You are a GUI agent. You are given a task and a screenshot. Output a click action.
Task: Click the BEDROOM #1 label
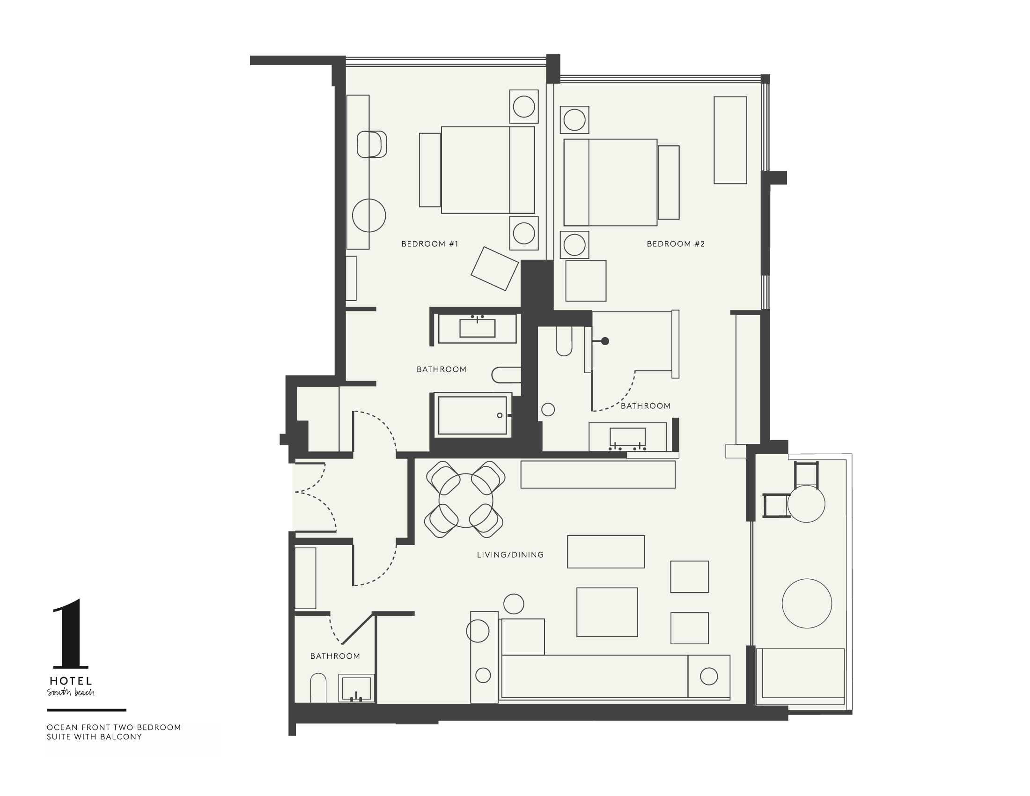(x=429, y=244)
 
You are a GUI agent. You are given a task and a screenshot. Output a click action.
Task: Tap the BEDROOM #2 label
(x=675, y=244)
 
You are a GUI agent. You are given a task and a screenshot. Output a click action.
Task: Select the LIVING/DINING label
(x=510, y=555)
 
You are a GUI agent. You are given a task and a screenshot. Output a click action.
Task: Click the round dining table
(x=465, y=501)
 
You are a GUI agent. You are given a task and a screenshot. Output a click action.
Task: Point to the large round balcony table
(x=807, y=603)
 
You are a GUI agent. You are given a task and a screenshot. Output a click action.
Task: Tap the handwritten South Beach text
(x=71, y=692)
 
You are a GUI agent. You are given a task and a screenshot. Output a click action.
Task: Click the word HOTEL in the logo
(x=71, y=681)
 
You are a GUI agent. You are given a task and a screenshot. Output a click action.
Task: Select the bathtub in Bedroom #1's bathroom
(x=472, y=415)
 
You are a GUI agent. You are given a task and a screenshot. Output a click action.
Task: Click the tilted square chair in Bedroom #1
(x=494, y=268)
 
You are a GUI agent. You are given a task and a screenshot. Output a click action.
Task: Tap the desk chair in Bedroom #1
(x=372, y=144)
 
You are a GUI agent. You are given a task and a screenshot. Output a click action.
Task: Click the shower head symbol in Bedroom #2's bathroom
(x=605, y=341)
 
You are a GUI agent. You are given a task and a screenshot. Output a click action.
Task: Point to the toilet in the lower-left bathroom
(x=318, y=688)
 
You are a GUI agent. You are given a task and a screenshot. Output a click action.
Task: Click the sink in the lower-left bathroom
(x=357, y=688)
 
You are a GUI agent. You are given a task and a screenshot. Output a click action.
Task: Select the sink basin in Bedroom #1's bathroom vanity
(x=477, y=328)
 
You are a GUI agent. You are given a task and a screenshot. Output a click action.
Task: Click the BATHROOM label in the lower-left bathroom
(x=335, y=656)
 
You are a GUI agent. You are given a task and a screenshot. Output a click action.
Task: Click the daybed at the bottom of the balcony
(x=803, y=673)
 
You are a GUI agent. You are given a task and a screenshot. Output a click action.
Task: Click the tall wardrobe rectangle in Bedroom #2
(x=730, y=140)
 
